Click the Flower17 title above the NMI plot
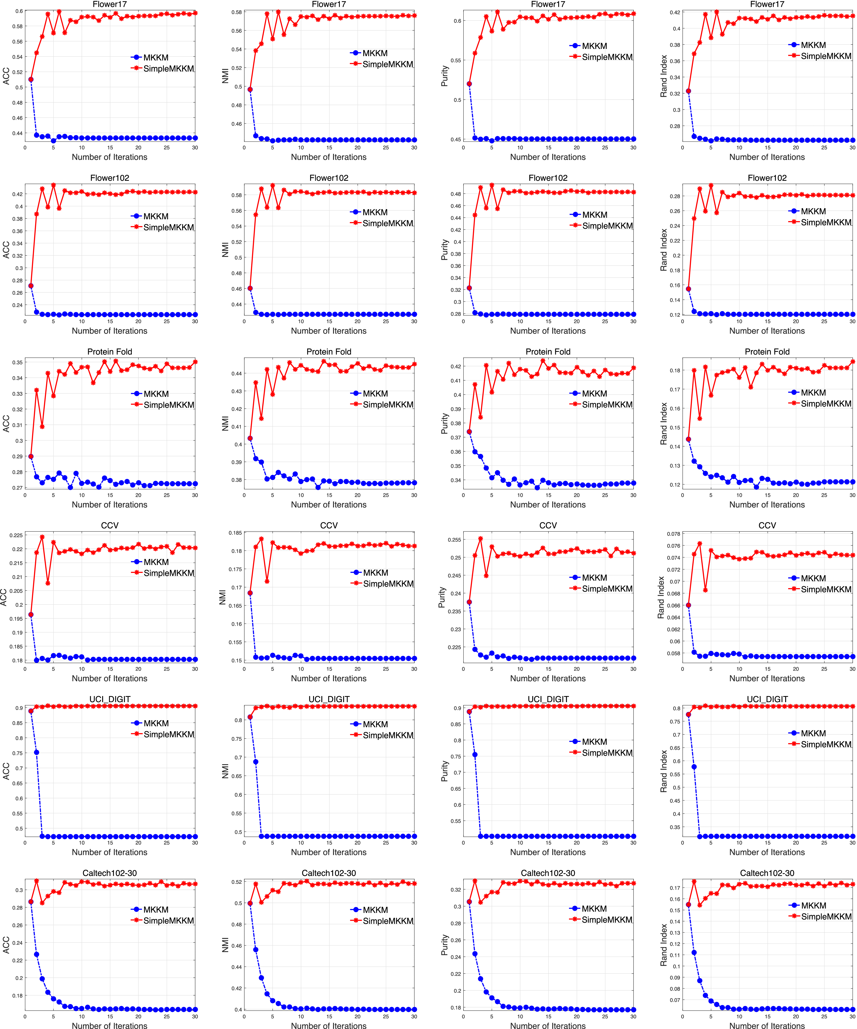point(329,4)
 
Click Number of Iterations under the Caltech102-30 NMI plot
point(329,1025)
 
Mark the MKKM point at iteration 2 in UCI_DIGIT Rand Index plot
point(694,767)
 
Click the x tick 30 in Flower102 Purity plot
point(633,321)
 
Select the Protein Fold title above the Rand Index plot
point(767,352)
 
